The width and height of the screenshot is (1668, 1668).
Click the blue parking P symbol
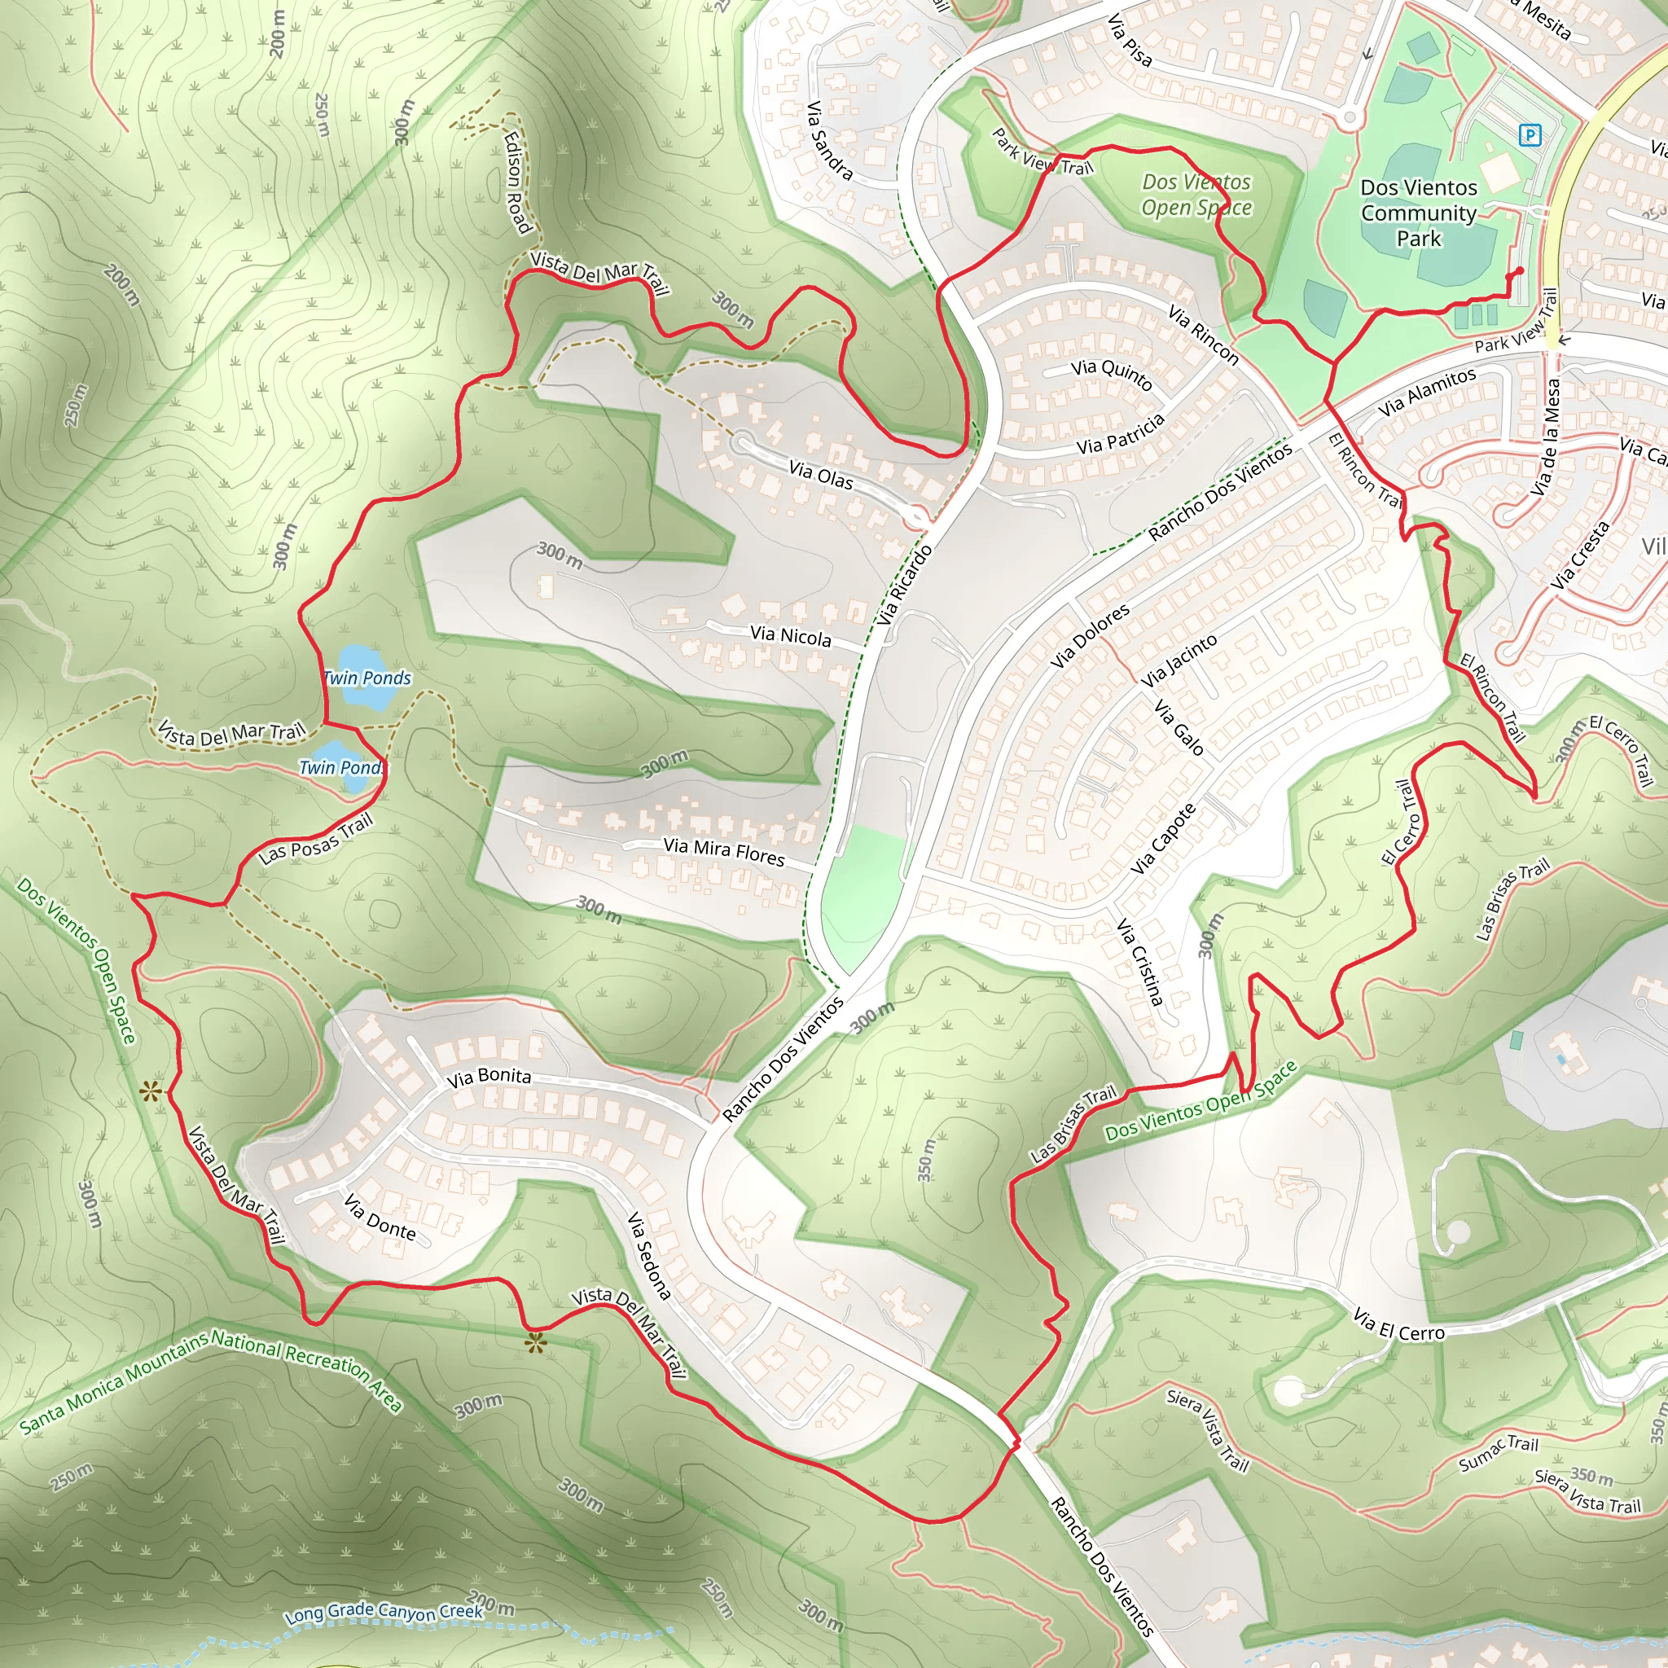click(1530, 134)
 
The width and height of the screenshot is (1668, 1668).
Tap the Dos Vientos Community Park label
click(1419, 213)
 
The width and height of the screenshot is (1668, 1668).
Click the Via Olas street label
click(820, 475)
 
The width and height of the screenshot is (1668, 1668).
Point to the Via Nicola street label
click(790, 636)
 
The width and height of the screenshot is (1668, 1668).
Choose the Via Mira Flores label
click(723, 851)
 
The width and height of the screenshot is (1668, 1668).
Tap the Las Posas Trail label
click(316, 838)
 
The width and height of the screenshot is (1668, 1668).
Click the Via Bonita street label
click(488, 1077)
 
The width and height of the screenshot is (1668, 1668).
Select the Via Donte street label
click(380, 1218)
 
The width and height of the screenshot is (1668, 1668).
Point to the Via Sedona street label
click(648, 1256)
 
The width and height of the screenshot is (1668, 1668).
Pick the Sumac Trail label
click(1498, 1454)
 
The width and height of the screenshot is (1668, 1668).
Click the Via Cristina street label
click(1139, 962)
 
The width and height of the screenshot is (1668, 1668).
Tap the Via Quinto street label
click(1111, 374)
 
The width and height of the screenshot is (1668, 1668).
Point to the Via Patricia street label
click(1120, 434)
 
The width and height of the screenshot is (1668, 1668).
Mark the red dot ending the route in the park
click(1520, 271)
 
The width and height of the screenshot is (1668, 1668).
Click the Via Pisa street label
click(1130, 40)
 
